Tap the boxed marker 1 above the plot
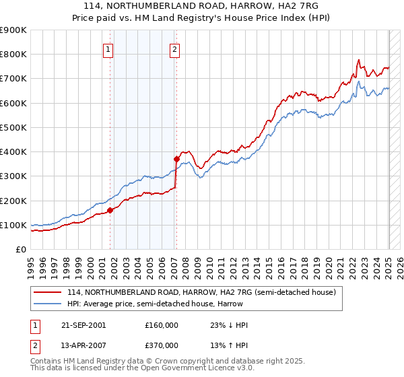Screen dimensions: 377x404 [108, 48]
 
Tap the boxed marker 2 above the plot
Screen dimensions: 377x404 [174, 48]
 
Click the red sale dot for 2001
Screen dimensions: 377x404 [110, 210]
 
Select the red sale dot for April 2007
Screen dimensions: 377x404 [176, 160]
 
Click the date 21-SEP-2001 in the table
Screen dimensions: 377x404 [83, 325]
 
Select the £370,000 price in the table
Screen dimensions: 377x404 [161, 345]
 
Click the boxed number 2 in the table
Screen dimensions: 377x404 [34, 345]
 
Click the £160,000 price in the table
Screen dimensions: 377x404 [161, 325]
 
